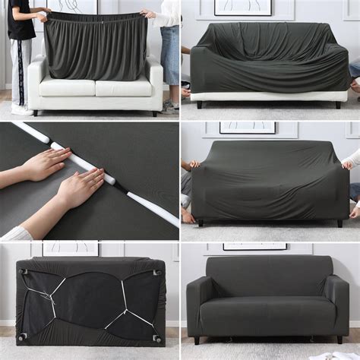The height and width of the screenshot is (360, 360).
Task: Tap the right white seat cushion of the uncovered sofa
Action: [123, 87]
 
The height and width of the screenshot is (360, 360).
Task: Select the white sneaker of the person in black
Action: [22, 110]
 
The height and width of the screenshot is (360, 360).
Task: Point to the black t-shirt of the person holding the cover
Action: [21, 23]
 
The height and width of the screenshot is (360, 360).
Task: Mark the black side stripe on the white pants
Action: [21, 72]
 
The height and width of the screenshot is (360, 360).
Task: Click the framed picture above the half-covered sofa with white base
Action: [242, 7]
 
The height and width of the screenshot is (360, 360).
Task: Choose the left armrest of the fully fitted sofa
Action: [198, 304]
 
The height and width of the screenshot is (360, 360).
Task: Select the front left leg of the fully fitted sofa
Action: [197, 340]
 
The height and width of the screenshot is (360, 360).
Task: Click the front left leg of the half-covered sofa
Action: [200, 104]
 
